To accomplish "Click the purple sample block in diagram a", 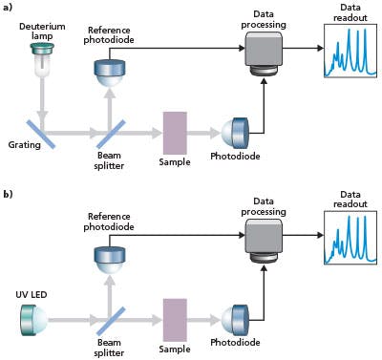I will click(176, 131).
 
